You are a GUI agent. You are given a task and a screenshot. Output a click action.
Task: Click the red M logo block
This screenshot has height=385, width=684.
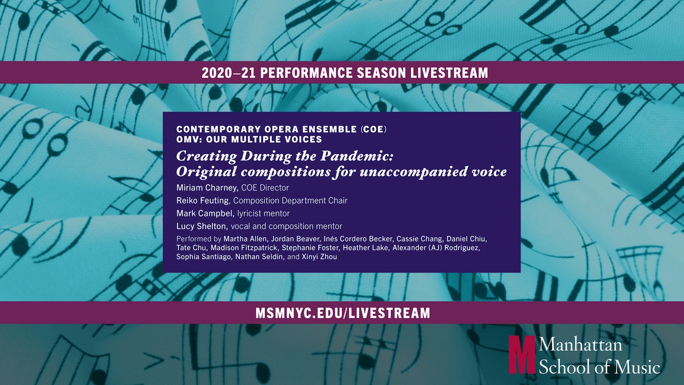[x=522, y=355]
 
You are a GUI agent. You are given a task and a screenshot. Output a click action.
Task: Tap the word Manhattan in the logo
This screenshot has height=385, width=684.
[x=580, y=345]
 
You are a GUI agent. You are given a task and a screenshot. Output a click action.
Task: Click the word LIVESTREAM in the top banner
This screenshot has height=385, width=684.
[x=449, y=73]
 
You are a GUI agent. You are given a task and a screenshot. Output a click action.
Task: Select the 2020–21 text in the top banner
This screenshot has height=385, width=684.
[x=229, y=73]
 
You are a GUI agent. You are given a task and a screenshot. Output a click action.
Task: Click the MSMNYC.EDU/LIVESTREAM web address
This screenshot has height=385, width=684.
[x=343, y=313]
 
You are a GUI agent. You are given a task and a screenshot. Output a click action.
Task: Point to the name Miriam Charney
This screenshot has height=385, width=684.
[x=207, y=188]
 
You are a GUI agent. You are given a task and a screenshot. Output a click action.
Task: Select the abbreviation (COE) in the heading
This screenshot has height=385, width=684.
[x=374, y=129]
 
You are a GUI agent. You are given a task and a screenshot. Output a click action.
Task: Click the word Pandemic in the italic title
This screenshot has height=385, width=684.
[x=356, y=156]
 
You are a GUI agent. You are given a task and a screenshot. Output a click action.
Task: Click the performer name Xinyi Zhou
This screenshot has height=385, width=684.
[x=320, y=257]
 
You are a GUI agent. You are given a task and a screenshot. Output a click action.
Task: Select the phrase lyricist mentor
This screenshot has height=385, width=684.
[x=263, y=213]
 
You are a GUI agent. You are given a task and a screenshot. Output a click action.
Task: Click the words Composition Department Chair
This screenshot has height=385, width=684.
[x=290, y=201]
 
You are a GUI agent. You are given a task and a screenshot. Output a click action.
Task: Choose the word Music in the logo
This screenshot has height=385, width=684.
[x=638, y=366]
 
